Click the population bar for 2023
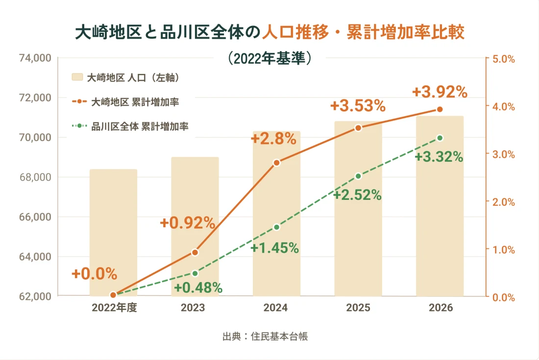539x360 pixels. coord(195,227)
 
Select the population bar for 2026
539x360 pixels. coord(440,206)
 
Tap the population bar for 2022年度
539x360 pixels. coord(114,233)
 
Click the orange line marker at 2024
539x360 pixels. coord(277,163)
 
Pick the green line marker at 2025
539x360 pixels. coord(358,176)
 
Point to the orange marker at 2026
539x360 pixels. coord(440,110)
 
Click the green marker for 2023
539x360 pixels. coord(195,273)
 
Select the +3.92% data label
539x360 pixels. coord(440,92)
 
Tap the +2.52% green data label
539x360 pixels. coord(358,195)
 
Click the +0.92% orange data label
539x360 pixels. coord(188,223)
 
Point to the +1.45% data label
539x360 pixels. coord(275,248)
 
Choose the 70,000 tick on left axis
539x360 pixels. coord(35,138)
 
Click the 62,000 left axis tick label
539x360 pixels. coord(35,296)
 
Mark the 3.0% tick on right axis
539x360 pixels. coord(504,155)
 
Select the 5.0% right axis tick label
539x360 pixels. coord(504,59)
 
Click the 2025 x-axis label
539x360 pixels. coord(358,308)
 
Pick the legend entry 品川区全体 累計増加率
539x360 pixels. coord(130,126)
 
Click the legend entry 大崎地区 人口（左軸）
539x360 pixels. coord(126,78)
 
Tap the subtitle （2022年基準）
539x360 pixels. coord(269,58)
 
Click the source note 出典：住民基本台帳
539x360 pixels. coord(265,336)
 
